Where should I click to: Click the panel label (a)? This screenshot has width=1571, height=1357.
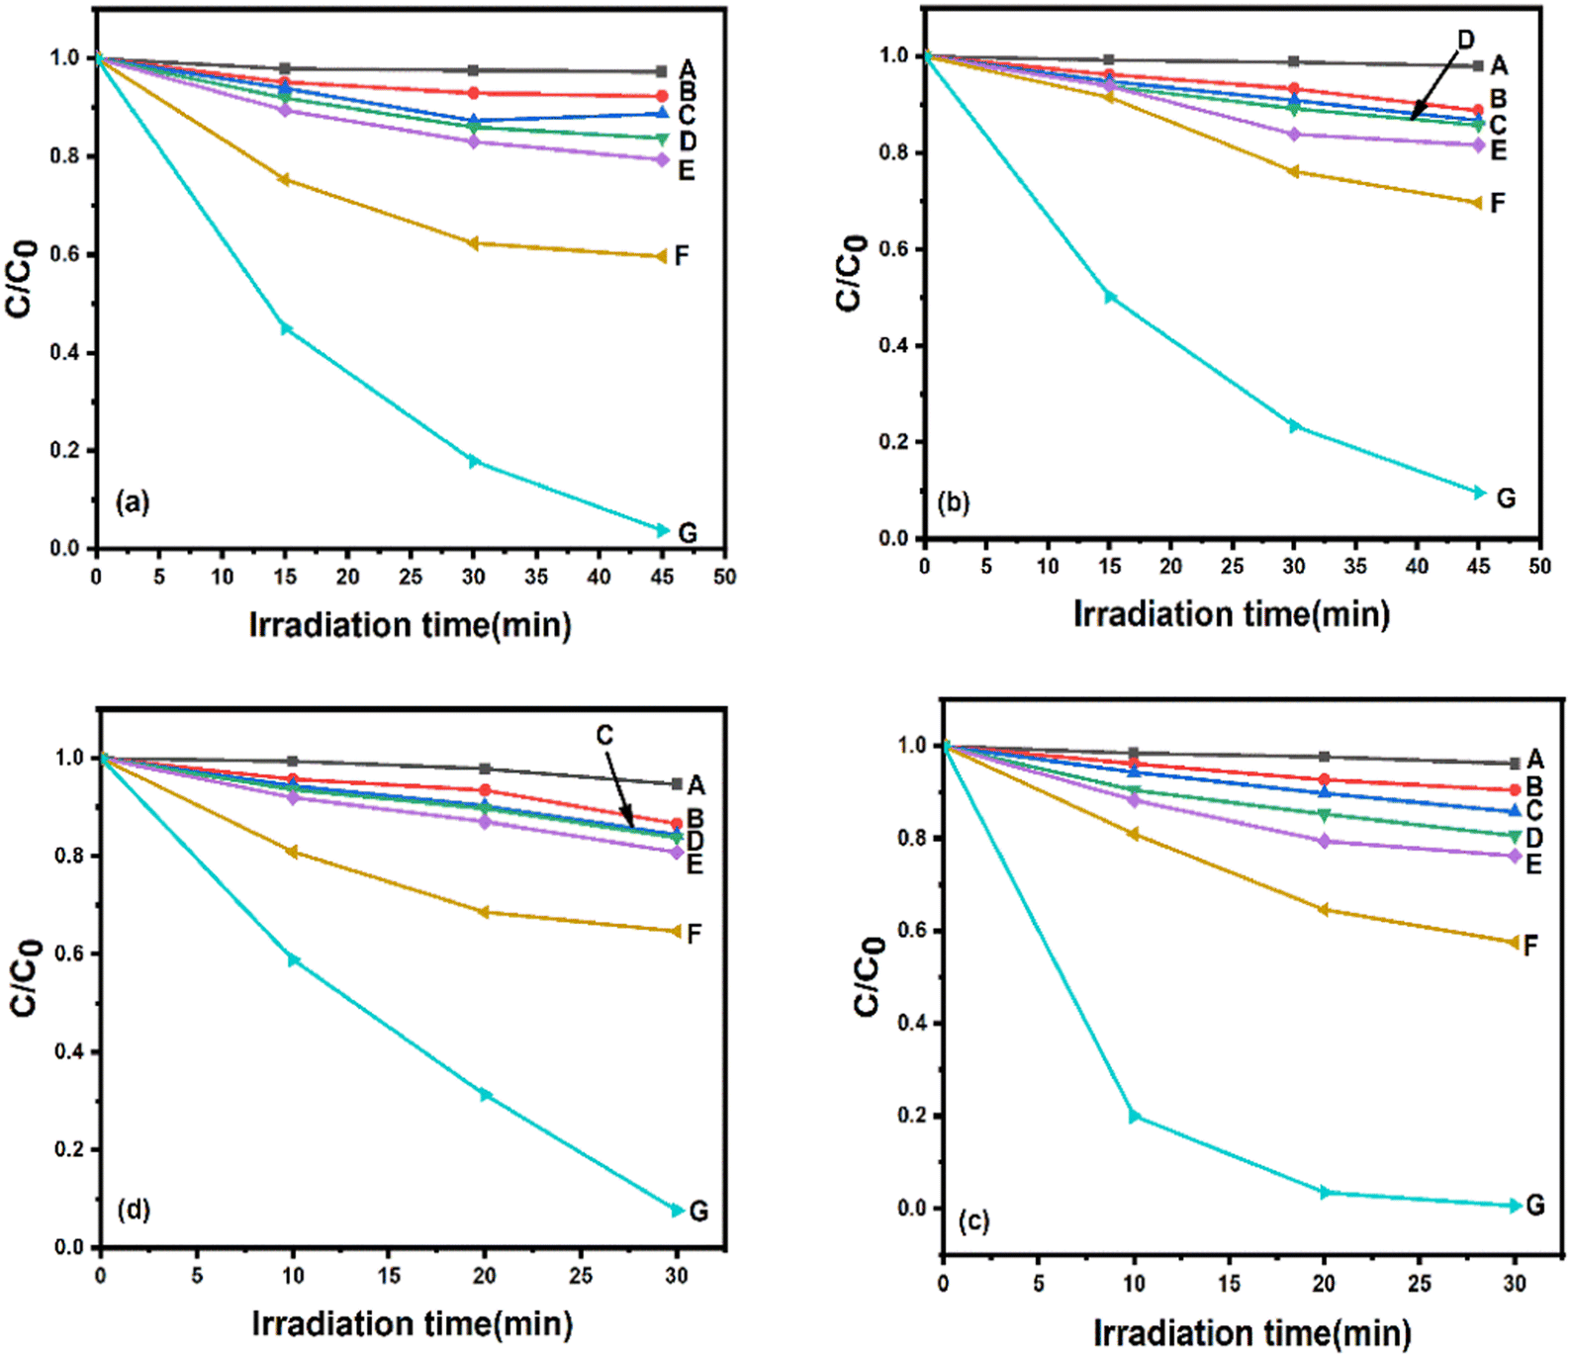coord(133,502)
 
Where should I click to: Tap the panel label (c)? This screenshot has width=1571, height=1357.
coord(972,1221)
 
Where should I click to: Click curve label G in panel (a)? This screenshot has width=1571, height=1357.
coord(688,533)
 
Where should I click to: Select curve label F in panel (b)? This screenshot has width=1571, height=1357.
coord(1497,204)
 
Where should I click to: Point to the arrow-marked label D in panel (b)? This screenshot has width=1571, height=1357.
coord(1465,40)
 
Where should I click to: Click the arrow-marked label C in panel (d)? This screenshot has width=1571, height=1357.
coord(604,735)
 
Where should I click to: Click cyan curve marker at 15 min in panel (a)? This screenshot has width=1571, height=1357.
coord(286,328)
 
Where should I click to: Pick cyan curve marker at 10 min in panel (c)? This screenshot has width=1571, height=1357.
coord(1135,1117)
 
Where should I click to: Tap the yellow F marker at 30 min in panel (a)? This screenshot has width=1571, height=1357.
coord(473,243)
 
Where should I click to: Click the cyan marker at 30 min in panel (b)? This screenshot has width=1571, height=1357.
coord(1294,426)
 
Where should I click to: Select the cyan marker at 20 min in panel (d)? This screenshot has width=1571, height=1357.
coord(485,1095)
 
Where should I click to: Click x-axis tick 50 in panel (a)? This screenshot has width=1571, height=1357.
coord(724,577)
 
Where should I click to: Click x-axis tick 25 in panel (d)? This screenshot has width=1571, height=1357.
coord(580,1276)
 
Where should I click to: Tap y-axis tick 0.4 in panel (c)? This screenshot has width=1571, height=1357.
coord(912,1023)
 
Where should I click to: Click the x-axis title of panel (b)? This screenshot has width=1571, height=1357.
coord(1232,614)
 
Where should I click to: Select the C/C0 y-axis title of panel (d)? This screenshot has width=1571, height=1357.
coord(25,977)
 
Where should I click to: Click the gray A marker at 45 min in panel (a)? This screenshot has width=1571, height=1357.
coord(661,71)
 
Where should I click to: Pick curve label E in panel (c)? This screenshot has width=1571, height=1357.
coord(1533,863)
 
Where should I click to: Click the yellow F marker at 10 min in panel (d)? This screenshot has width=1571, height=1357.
coord(292,852)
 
